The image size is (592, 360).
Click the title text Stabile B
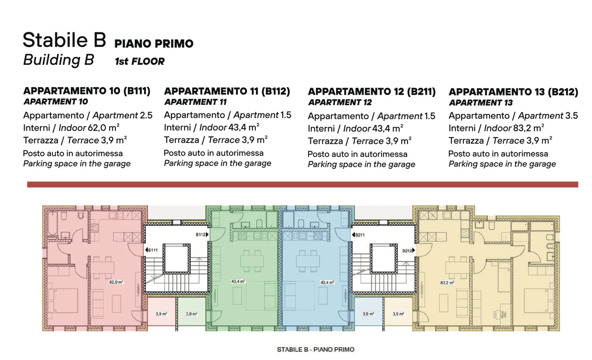[x=64, y=40]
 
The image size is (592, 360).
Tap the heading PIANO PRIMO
[x=154, y=44]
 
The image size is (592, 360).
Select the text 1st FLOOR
[x=140, y=62]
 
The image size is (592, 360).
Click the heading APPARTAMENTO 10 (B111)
[x=87, y=91]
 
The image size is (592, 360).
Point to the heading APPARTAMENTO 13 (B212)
[x=513, y=92]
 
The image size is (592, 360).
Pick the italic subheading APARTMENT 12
[x=340, y=102]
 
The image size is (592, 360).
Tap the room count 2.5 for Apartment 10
[x=146, y=115]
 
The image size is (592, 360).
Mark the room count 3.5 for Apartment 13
[x=571, y=116]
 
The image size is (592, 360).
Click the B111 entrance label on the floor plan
[x=152, y=250]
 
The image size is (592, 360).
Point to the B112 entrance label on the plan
[x=201, y=235]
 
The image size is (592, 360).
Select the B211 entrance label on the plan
[x=359, y=235]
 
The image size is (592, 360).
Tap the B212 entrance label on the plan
[x=408, y=250]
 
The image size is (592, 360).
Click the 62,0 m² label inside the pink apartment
[x=116, y=282]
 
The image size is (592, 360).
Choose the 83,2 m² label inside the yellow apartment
[x=447, y=283]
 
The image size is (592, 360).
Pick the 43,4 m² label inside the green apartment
[x=238, y=282]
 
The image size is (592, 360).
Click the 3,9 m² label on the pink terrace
[x=161, y=314]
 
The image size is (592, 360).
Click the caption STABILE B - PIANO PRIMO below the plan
[x=315, y=350]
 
